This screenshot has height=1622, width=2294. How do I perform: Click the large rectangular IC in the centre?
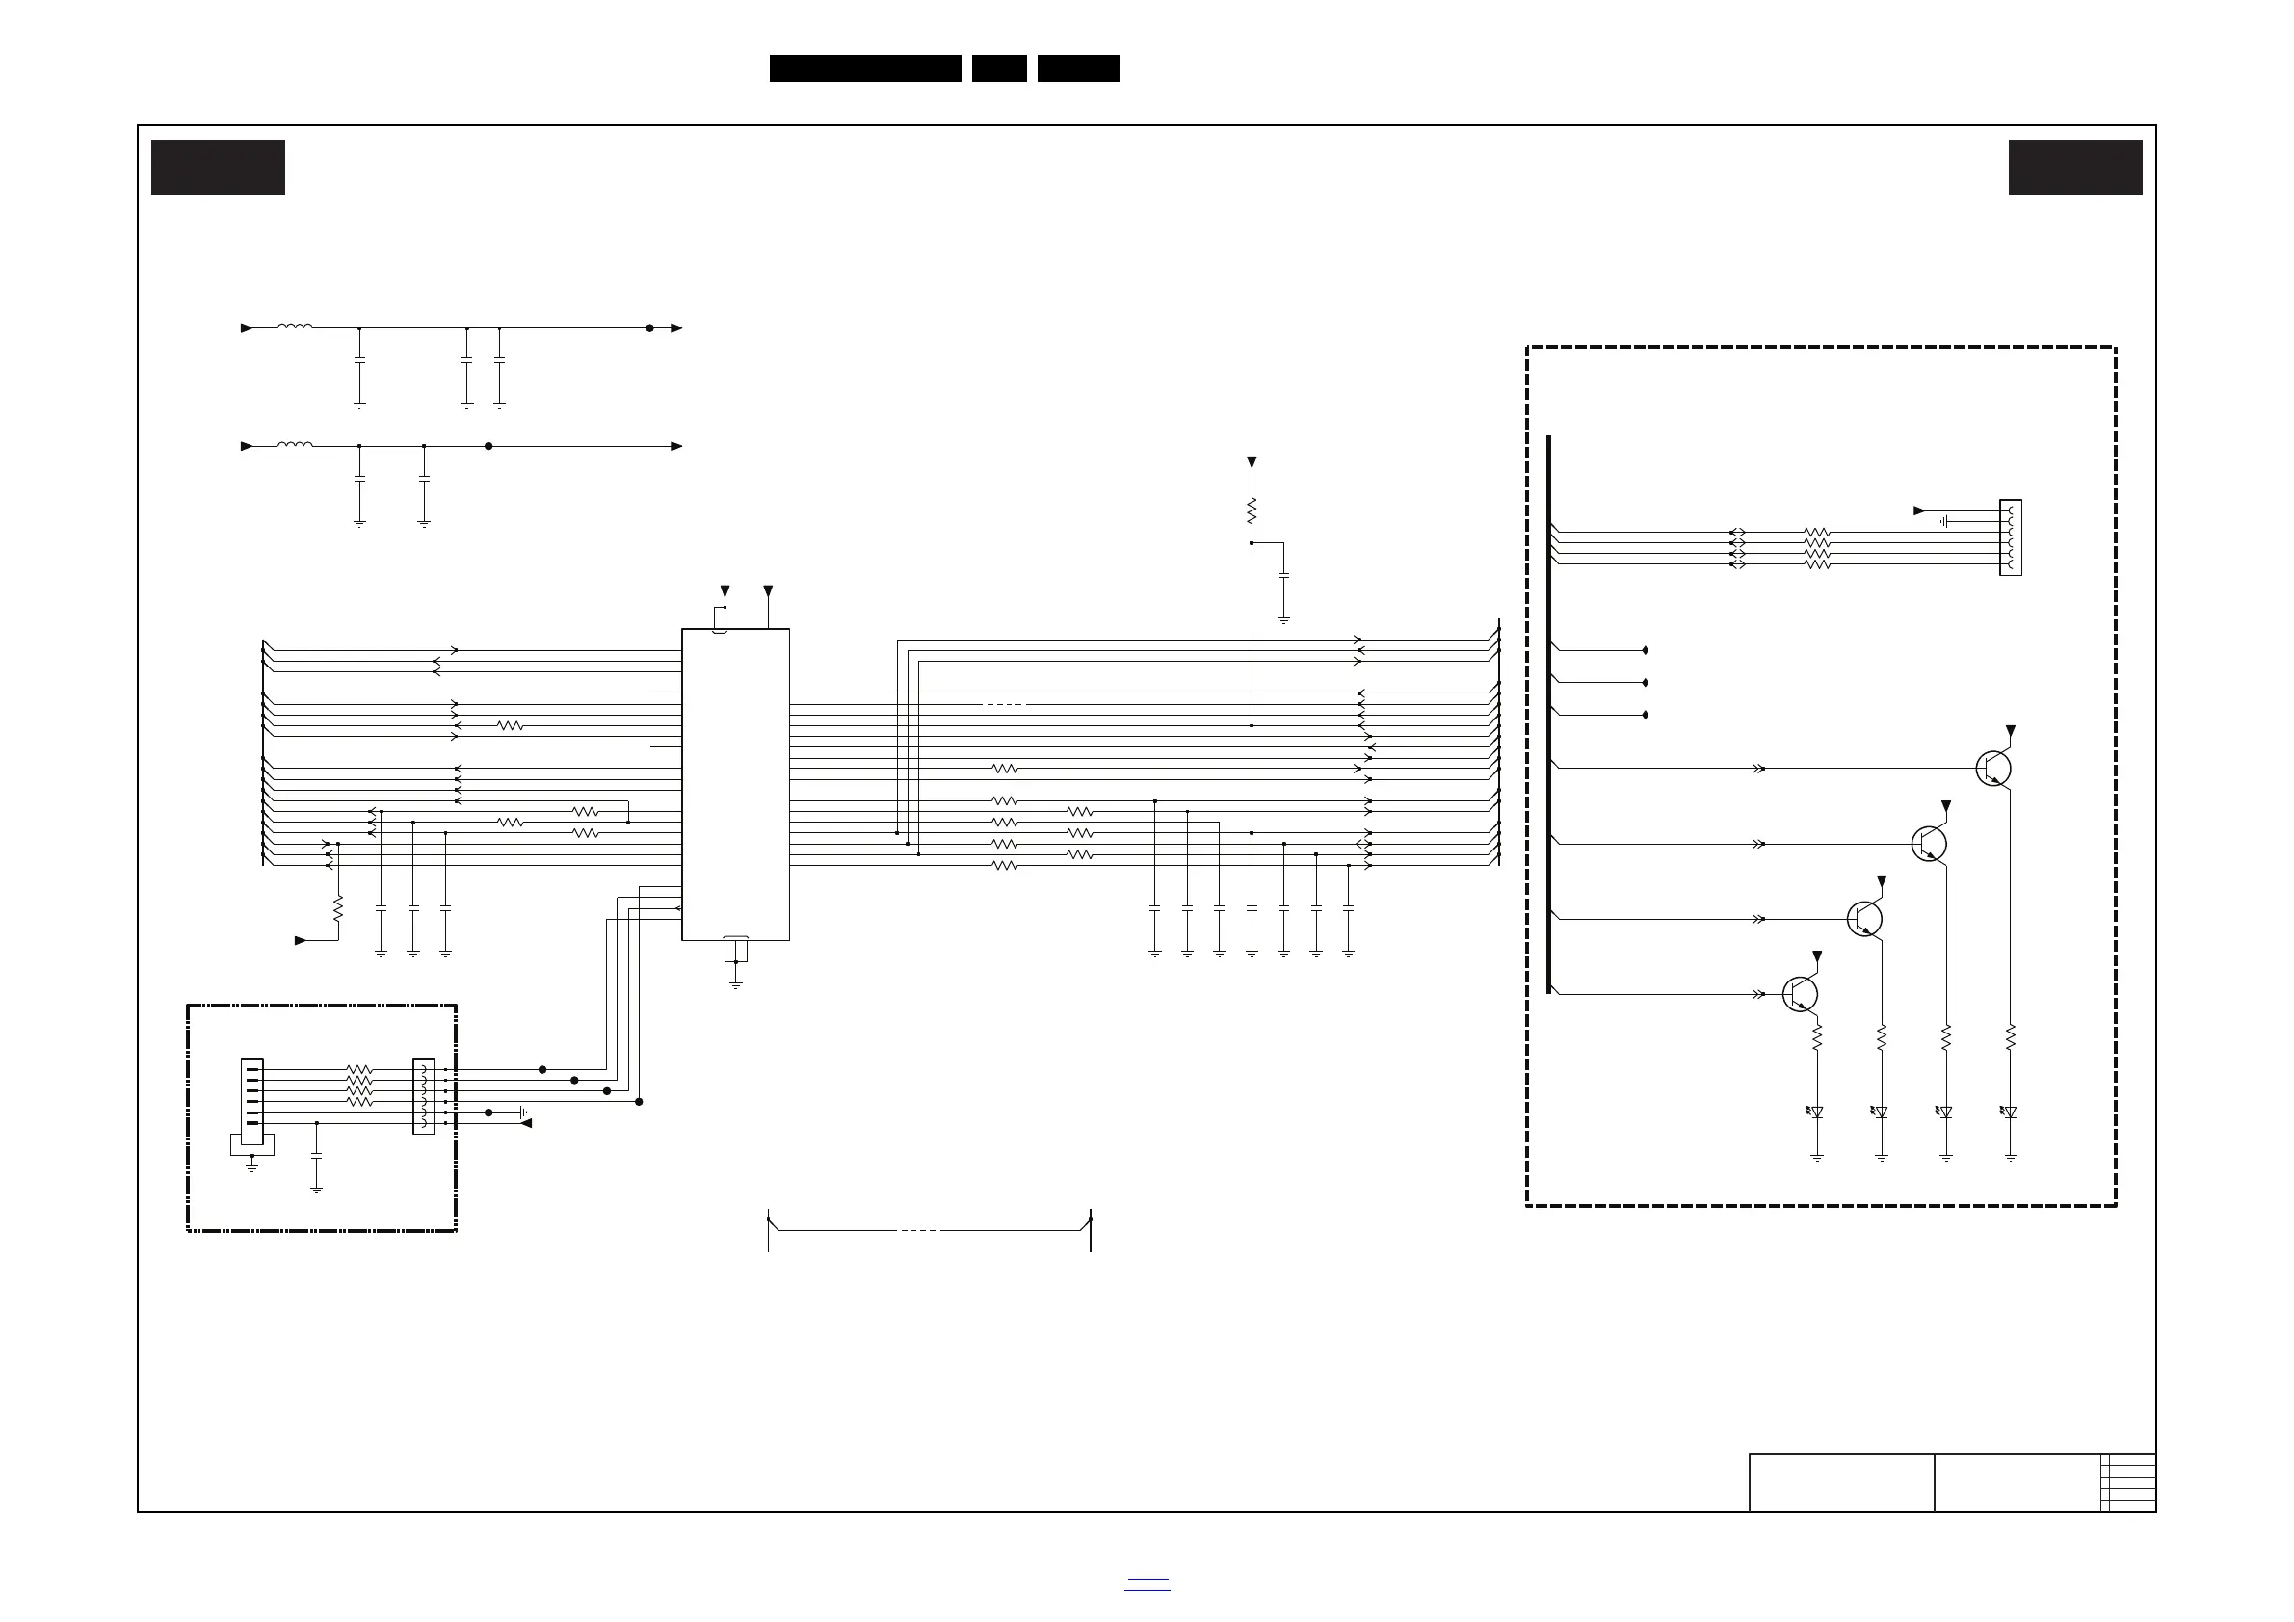tap(735, 784)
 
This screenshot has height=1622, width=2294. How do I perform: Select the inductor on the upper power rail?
tap(295, 327)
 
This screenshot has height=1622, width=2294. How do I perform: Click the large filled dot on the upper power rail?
tap(649, 327)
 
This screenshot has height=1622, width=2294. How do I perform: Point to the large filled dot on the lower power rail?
tap(488, 447)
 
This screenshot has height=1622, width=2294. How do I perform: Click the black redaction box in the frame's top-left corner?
tap(218, 167)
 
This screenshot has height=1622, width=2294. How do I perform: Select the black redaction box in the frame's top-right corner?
tap(2075, 167)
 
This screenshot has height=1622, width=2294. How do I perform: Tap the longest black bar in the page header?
tap(865, 68)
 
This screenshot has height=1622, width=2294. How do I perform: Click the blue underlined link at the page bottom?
tap(1147, 1585)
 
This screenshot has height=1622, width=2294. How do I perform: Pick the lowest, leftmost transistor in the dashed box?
tap(1801, 994)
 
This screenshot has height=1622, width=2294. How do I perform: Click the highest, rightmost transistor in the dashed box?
tap(1994, 768)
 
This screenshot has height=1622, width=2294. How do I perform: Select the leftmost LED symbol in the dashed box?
tap(1815, 1112)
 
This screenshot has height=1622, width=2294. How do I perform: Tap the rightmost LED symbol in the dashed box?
tap(2009, 1112)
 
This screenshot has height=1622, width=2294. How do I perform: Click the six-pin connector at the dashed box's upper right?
tap(2010, 537)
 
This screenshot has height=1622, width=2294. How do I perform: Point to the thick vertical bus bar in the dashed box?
tap(1548, 714)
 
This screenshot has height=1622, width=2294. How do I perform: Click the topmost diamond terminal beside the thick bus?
tap(1645, 650)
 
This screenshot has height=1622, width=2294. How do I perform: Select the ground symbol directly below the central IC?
tap(735, 984)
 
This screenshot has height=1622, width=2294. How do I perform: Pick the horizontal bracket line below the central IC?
tap(929, 1231)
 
